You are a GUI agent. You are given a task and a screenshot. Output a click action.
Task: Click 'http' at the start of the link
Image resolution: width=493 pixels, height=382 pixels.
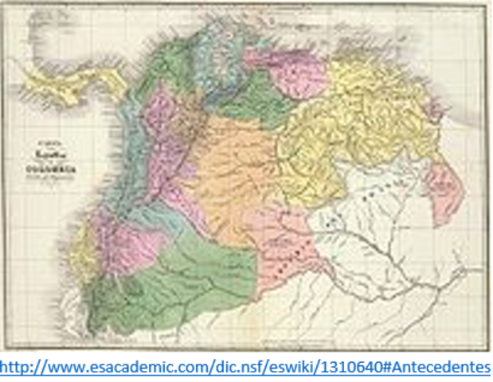(x=15, y=368)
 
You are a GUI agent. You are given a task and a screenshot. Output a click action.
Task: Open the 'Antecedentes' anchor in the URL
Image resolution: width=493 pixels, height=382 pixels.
(x=434, y=368)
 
